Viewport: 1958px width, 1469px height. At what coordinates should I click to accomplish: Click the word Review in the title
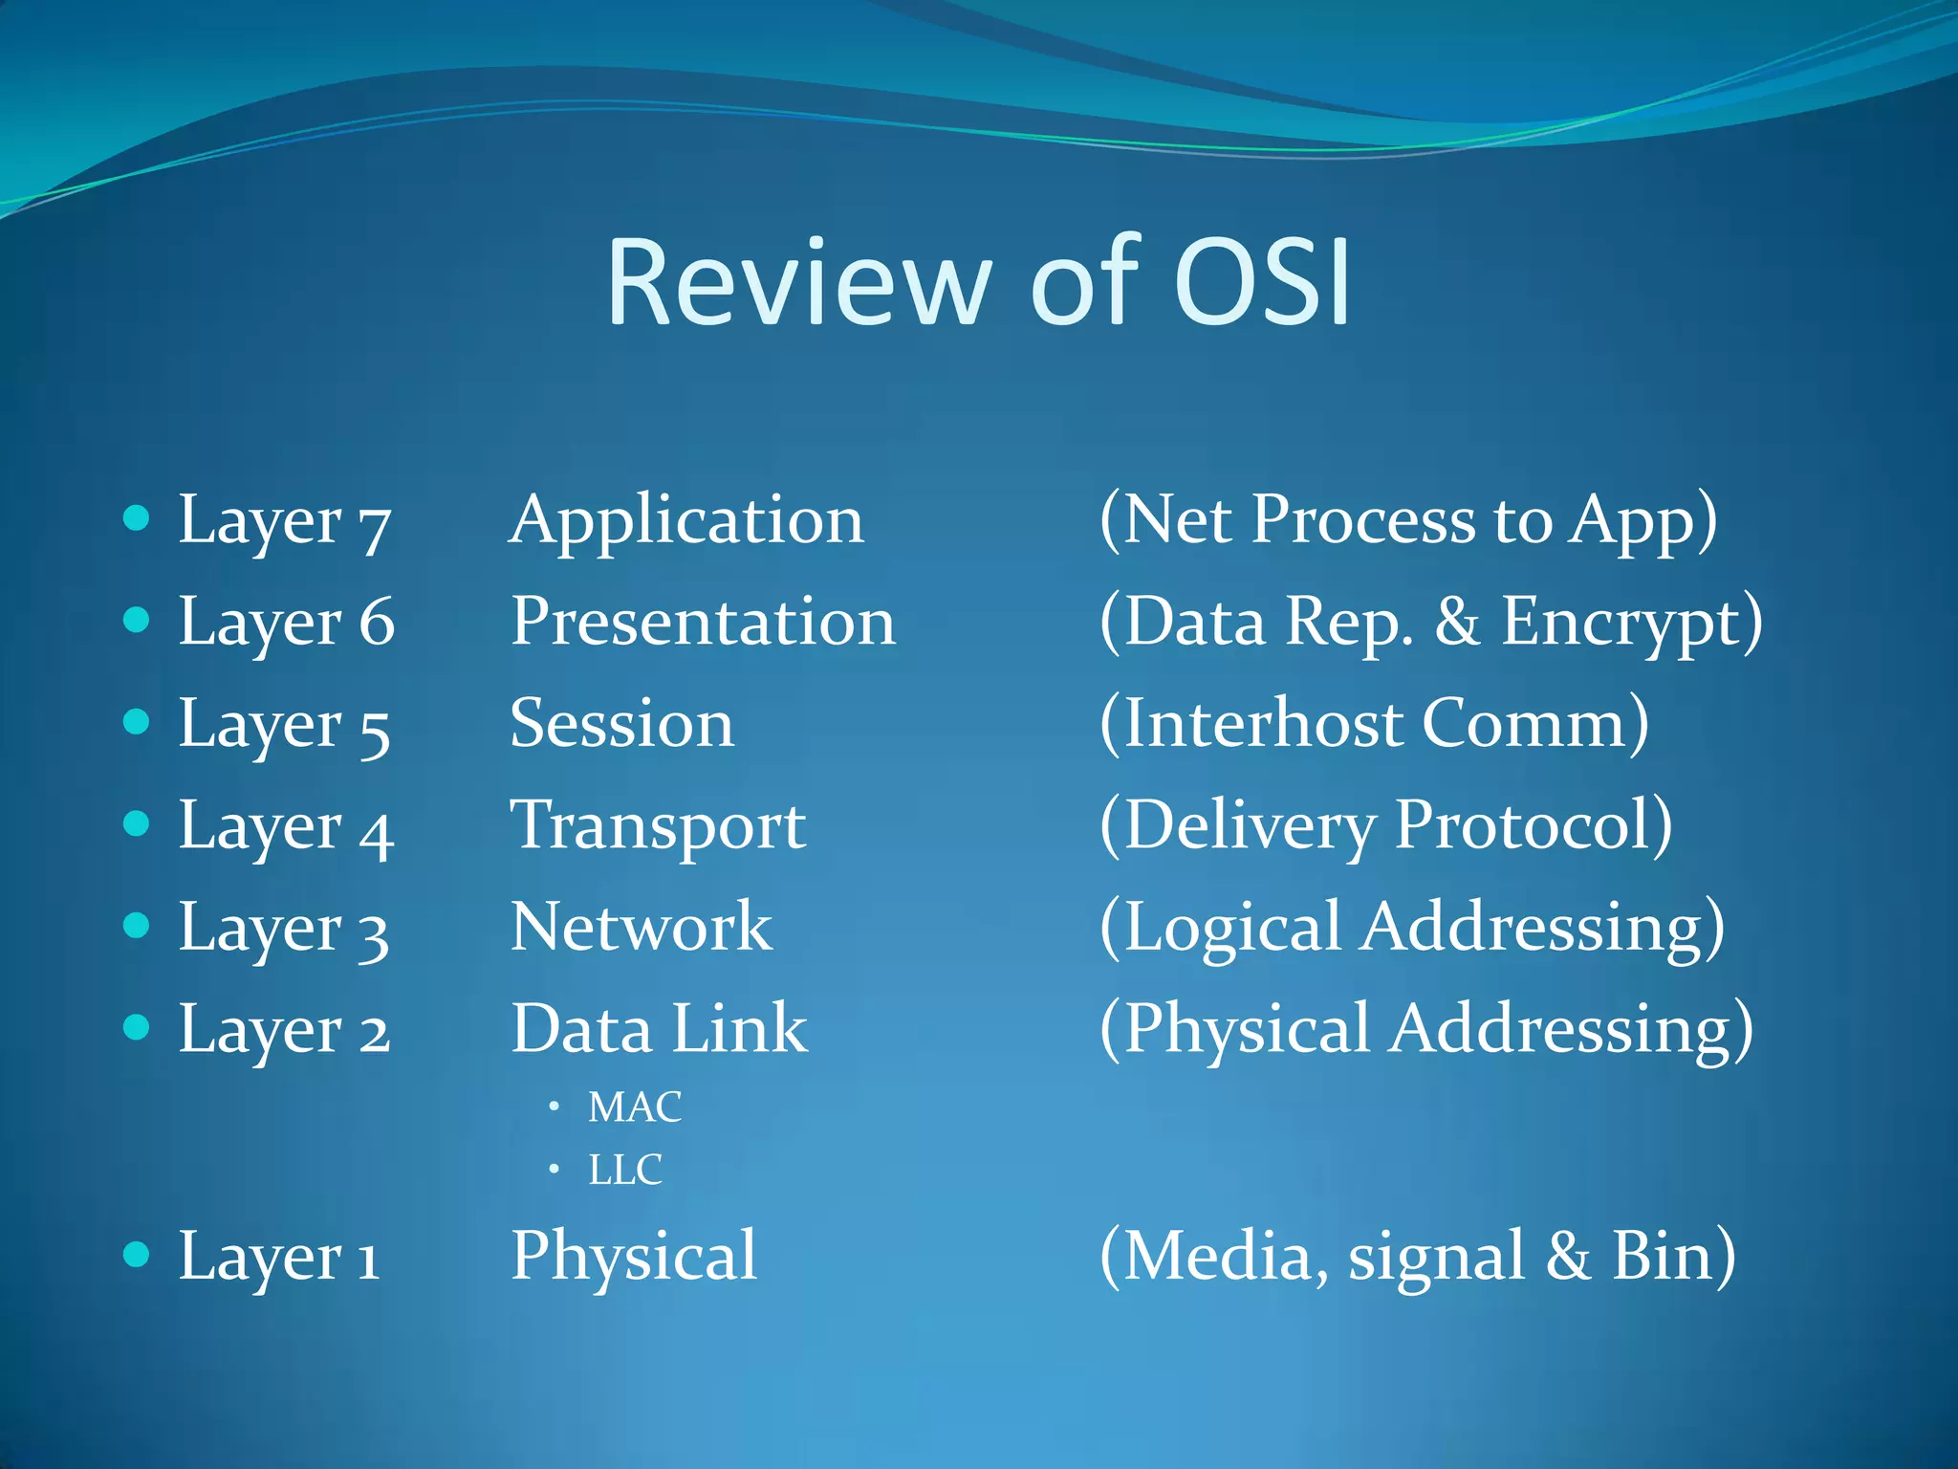(x=799, y=283)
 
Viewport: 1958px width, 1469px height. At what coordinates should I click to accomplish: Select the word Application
(x=686, y=522)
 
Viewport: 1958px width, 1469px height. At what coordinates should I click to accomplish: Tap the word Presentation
(x=703, y=622)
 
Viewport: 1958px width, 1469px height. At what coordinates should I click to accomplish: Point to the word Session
(x=621, y=723)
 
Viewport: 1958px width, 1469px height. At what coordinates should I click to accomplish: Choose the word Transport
(x=658, y=826)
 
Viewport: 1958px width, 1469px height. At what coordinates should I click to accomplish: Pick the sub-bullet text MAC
(x=634, y=1107)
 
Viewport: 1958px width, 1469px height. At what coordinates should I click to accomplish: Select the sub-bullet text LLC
(x=624, y=1170)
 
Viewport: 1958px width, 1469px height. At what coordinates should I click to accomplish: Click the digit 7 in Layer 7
(x=374, y=528)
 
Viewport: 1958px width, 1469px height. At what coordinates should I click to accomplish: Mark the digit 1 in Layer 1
(x=368, y=1261)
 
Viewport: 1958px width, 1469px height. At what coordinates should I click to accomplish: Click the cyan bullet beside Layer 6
(x=137, y=621)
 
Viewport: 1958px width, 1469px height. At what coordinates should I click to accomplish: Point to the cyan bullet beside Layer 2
(x=137, y=1027)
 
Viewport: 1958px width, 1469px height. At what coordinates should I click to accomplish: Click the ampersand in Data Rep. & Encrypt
(x=1456, y=622)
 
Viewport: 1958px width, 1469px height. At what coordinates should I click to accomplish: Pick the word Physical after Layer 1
(x=634, y=1257)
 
